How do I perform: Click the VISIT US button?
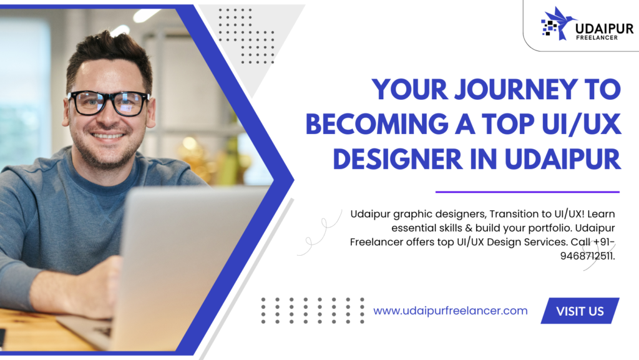(x=580, y=311)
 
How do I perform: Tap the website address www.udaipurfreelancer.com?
(x=451, y=311)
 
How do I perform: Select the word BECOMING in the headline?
(x=377, y=124)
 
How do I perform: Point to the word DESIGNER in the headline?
(x=398, y=159)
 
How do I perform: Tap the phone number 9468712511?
(x=587, y=256)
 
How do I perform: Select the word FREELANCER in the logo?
(x=597, y=37)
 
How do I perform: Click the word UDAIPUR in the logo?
(x=604, y=28)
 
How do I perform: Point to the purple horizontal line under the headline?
(x=527, y=192)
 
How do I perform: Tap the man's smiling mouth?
(x=107, y=135)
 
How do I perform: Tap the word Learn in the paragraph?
(x=601, y=214)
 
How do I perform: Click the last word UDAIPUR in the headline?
(x=563, y=159)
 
